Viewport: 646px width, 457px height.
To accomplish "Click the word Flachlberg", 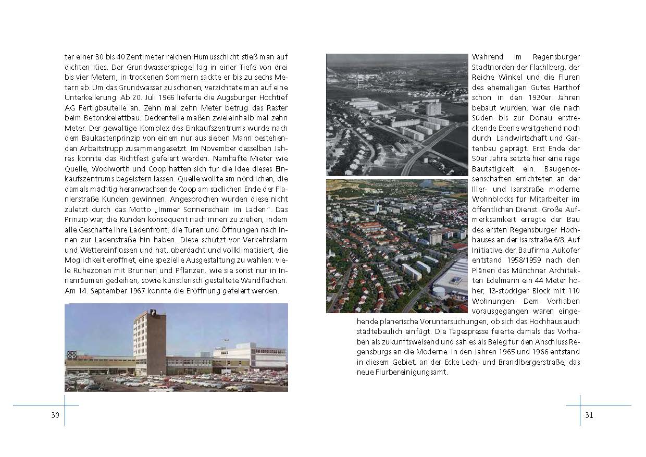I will (557, 67).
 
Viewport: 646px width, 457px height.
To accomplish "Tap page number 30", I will (55, 415).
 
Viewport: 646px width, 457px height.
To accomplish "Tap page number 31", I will (589, 415).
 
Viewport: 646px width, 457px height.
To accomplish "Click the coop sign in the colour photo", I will (72, 355).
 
